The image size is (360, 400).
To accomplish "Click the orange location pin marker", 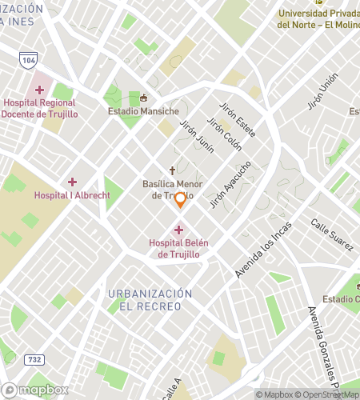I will tap(180, 200).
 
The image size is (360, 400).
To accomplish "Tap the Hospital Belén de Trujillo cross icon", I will tap(178, 230).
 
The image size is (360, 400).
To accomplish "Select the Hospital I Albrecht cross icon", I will tap(72, 182).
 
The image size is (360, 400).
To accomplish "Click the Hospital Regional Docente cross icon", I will tap(38, 90).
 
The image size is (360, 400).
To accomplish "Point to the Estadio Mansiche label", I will tap(144, 111).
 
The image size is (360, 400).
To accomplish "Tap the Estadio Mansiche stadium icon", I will tap(144, 98).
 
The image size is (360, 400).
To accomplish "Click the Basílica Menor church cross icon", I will tap(171, 170).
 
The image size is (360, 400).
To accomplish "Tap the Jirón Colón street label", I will tap(224, 133).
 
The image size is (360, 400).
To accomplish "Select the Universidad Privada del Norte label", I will tap(318, 18).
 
